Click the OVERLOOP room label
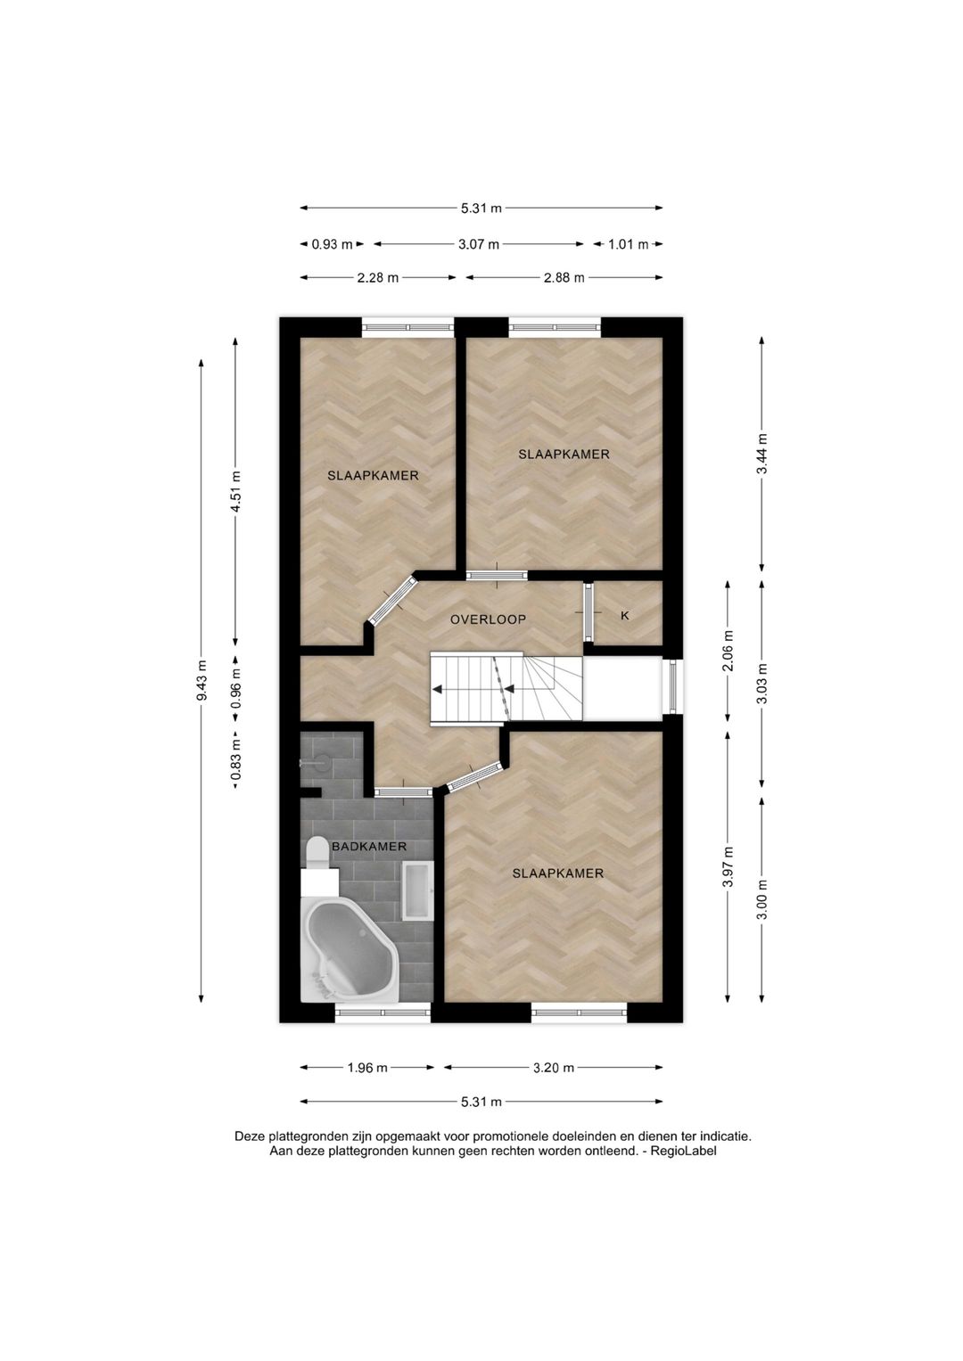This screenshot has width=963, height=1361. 488,619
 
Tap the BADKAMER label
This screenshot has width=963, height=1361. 369,847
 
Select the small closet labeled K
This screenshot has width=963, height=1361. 625,615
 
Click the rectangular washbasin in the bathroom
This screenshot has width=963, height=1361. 416,890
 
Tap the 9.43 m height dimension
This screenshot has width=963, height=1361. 202,680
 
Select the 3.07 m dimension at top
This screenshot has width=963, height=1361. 479,244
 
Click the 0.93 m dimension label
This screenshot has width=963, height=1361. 332,244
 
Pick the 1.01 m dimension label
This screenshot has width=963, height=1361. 628,244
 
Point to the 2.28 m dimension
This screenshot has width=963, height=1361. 377,277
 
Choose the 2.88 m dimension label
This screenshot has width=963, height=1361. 564,277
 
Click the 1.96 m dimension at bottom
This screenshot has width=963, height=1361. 367,1068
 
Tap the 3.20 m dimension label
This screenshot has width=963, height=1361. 554,1068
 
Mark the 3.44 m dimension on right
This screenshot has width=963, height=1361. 761,455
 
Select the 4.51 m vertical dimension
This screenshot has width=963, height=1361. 235,490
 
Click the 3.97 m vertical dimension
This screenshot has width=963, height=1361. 728,867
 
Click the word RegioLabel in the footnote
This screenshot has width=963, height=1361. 683,1151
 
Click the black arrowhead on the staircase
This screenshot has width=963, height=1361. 438,689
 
